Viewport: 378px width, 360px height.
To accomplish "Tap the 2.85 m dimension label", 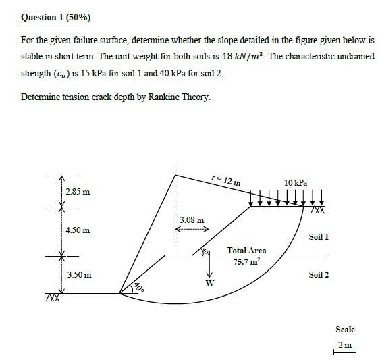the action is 78,194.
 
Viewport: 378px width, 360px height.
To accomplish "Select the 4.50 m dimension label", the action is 78,231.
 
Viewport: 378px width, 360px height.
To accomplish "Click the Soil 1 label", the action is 319,237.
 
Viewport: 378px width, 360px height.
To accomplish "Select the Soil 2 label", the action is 319,275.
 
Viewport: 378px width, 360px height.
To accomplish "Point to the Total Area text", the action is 246,251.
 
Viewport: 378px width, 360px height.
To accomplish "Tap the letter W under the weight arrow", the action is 209,283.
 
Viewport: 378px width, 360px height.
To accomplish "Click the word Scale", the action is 345,330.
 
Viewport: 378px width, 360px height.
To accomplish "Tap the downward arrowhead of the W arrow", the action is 209,274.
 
